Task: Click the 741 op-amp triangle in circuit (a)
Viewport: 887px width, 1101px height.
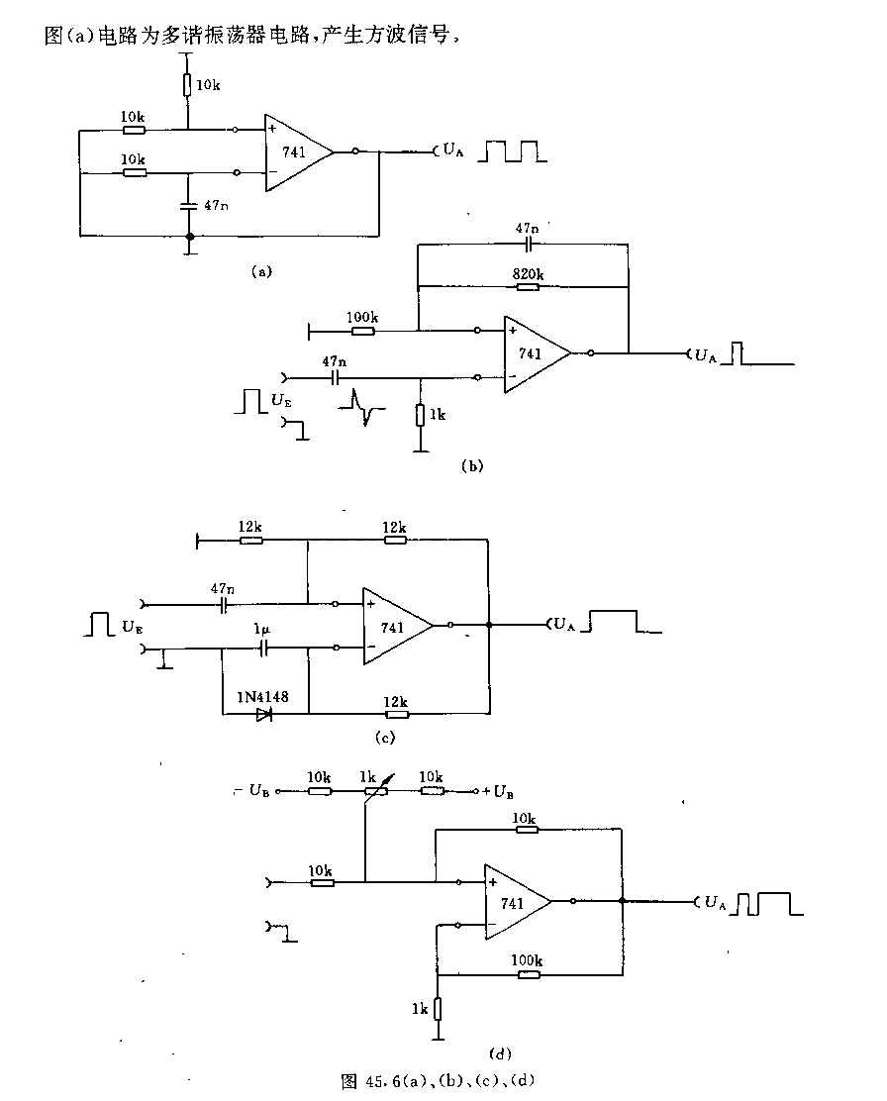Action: [x=299, y=152]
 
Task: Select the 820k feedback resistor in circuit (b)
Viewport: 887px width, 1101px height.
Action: [x=528, y=286]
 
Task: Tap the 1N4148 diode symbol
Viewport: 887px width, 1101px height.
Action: [x=264, y=715]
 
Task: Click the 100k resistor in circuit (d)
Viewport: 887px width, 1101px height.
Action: [x=528, y=974]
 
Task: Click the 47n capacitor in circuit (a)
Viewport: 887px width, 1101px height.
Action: [x=188, y=206]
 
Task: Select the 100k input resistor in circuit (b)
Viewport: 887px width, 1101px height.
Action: [x=363, y=330]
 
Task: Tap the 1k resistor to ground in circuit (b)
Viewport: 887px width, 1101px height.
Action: [x=420, y=415]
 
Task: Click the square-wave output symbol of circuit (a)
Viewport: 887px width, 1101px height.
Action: [x=512, y=151]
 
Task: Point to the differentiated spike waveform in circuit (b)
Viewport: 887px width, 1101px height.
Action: [x=361, y=407]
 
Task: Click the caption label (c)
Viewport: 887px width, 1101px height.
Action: [x=385, y=738]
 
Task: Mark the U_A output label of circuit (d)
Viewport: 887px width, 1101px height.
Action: [x=715, y=903]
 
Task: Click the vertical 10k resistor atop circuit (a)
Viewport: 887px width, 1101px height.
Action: [x=187, y=85]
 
